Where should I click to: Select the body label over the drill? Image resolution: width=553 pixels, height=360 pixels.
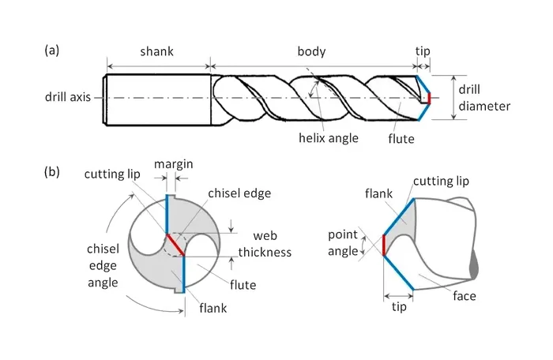pos(311,52)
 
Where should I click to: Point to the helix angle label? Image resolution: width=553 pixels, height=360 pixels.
pos(329,137)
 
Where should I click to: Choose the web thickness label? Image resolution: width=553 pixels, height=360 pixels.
pos(272,244)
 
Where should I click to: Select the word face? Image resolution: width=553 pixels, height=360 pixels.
pos(464,296)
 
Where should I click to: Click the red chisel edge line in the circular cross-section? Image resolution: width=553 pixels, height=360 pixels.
pos(175,244)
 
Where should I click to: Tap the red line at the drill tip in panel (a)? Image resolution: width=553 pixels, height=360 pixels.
pos(427,98)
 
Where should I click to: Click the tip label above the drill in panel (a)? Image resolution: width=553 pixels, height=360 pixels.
pos(423,52)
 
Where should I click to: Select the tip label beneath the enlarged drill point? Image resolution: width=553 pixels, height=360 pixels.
pos(399,306)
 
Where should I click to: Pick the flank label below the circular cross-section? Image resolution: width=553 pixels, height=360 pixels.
pos(213,308)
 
